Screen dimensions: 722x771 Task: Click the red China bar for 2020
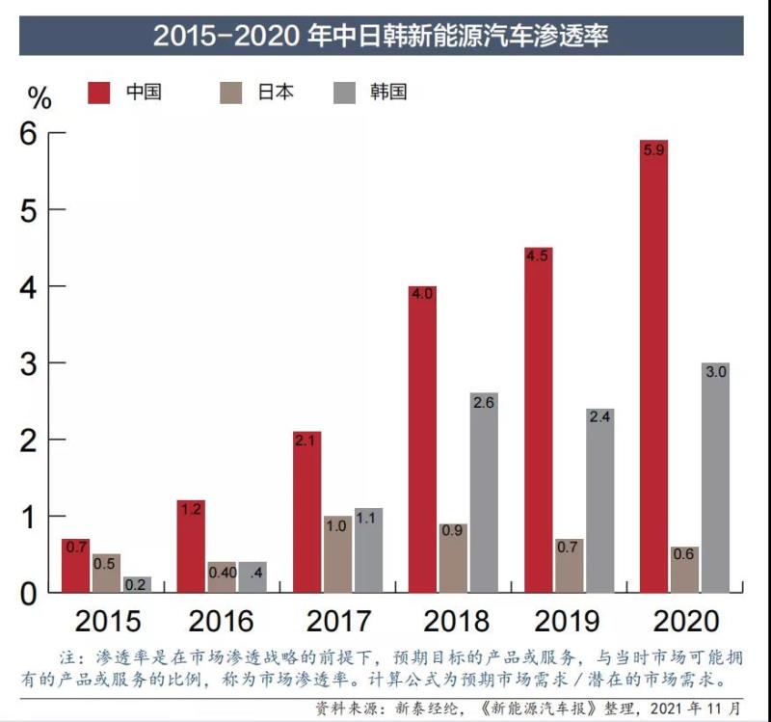[x=653, y=366]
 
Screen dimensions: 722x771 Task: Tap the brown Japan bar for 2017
[x=336, y=554]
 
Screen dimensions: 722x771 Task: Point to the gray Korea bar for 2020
[x=715, y=477]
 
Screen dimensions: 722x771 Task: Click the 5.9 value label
[x=653, y=150]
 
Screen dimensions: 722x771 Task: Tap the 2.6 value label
[x=484, y=403]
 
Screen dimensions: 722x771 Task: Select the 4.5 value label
[x=538, y=255]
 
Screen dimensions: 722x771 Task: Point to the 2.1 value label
[x=307, y=441]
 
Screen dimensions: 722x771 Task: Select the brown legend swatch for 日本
[x=231, y=93]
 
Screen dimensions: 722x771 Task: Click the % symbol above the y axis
[x=39, y=97]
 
